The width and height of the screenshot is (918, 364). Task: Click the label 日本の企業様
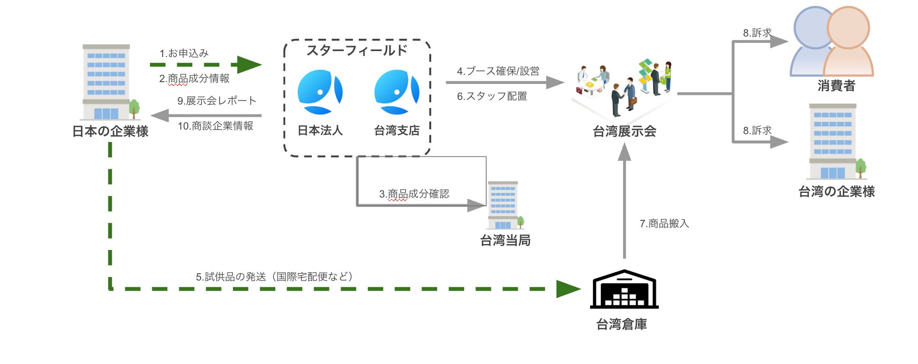[110, 131]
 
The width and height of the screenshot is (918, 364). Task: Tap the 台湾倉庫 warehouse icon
[624, 289]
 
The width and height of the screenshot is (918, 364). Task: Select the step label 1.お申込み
[184, 53]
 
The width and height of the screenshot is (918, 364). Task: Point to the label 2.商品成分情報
[194, 78]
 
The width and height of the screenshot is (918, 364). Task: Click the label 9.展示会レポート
[217, 101]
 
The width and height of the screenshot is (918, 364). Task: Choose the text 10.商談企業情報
[216, 126]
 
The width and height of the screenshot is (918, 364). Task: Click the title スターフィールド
[357, 50]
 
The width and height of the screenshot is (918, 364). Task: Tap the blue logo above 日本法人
[320, 92]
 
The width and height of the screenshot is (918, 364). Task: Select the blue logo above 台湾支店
[397, 92]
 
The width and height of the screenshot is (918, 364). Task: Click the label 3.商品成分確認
[414, 194]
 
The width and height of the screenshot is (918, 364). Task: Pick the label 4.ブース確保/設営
[498, 71]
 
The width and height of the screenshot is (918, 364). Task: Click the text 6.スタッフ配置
[492, 96]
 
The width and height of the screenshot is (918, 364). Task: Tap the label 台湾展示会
[624, 131]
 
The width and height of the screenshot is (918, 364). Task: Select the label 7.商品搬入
[664, 224]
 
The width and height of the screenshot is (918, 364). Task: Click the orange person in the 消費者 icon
[848, 41]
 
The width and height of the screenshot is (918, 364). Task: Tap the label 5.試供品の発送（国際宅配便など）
[274, 277]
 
